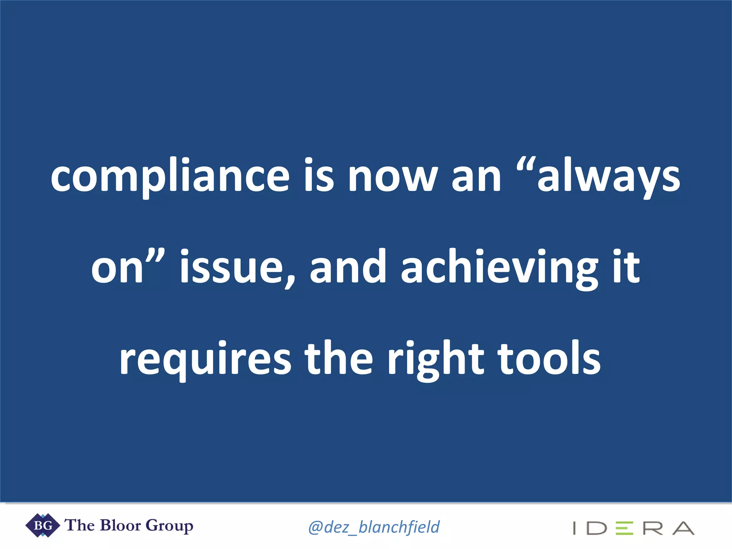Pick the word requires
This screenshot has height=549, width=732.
pos(205,359)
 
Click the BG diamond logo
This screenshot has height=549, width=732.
pos(43,525)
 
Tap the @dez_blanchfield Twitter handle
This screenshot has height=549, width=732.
pos(374,527)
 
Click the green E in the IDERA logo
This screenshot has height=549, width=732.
pos(624,528)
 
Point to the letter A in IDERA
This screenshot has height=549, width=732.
pos(683,528)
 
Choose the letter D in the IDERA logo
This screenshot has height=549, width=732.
pos(597,528)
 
